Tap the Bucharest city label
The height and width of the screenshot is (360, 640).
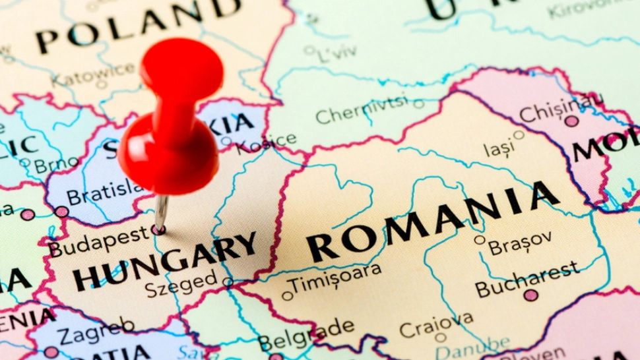[x=527, y=279]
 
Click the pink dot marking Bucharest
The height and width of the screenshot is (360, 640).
[x=530, y=295]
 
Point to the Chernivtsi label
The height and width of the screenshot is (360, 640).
[x=362, y=111]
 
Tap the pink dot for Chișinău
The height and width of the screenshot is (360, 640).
[x=571, y=121]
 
